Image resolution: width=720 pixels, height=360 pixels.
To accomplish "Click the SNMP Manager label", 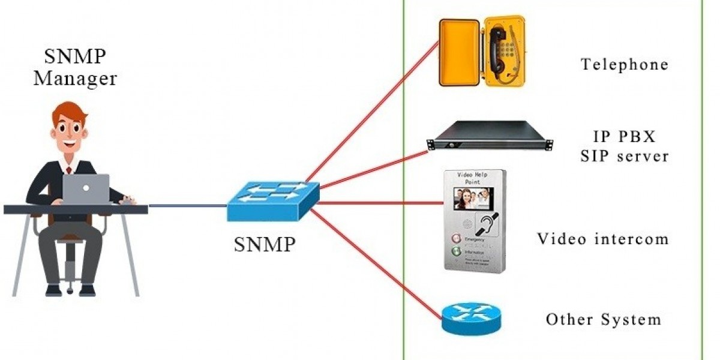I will [x=75, y=68].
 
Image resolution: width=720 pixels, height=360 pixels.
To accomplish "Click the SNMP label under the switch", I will [x=265, y=244].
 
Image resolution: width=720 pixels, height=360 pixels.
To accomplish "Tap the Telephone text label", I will [x=624, y=64].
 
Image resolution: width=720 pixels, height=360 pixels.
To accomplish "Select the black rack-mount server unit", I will [x=490, y=136].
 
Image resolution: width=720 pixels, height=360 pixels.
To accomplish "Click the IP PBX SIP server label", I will [x=624, y=145].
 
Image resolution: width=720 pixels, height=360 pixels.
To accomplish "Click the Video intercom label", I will [x=602, y=239].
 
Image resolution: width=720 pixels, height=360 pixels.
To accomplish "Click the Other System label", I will [x=603, y=319].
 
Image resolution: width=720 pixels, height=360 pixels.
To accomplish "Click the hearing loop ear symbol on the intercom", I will [x=487, y=225].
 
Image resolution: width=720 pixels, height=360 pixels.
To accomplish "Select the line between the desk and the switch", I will [x=187, y=205].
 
